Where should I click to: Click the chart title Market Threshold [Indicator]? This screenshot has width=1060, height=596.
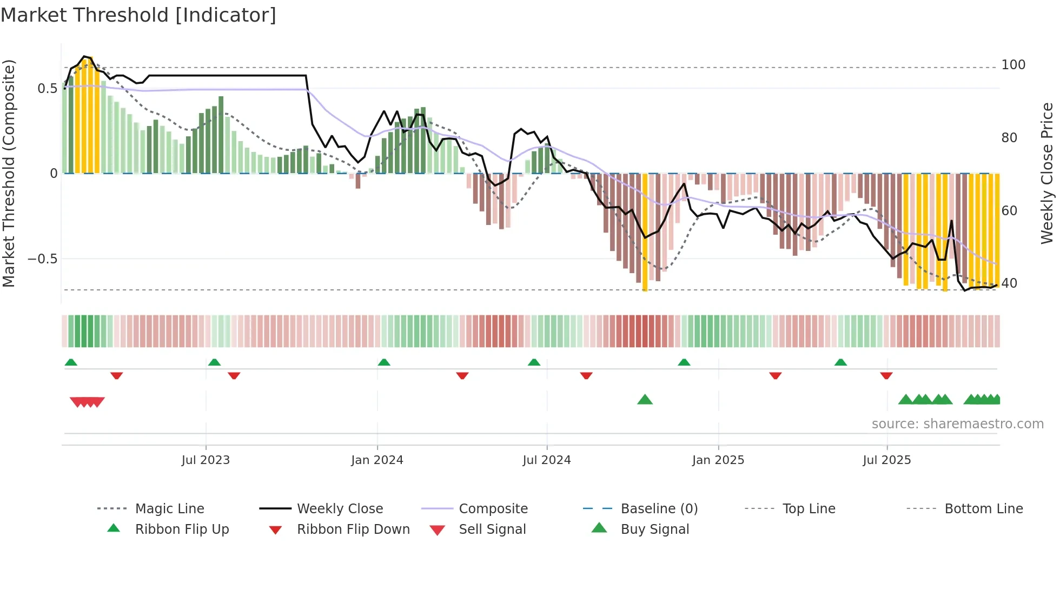pos(138,15)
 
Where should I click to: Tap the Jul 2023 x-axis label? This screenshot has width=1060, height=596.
pos(206,460)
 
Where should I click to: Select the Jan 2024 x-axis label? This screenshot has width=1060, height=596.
pos(377,460)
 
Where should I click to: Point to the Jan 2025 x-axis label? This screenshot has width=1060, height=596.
pos(718,460)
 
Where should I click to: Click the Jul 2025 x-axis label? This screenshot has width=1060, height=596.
pos(887,460)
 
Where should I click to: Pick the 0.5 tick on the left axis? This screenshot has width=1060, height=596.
pos(47,89)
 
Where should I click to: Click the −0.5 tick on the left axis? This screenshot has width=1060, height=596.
pos(43,259)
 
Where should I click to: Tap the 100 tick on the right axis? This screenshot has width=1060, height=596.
pos(1013,65)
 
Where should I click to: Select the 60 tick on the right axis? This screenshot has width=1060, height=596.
pos(1009,211)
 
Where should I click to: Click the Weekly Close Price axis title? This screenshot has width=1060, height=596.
pos(1047,173)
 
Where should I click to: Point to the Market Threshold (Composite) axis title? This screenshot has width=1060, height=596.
pos(9,173)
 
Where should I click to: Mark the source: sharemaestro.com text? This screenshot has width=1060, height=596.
pos(957,424)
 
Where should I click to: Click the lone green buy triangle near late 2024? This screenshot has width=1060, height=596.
pos(645,400)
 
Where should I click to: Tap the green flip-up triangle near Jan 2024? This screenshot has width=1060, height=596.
pos(384,362)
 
